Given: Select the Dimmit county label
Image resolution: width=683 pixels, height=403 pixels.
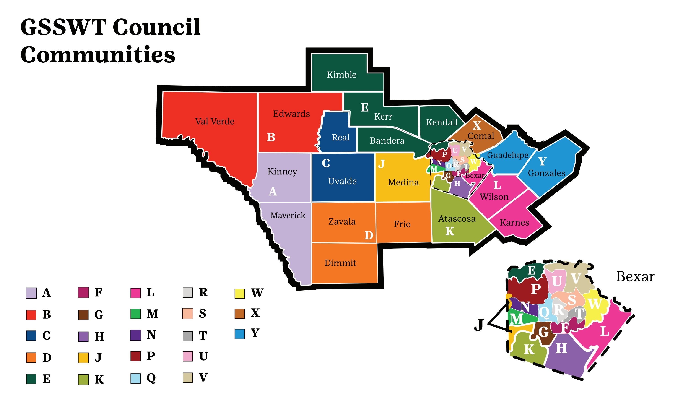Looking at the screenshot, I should tap(340, 263).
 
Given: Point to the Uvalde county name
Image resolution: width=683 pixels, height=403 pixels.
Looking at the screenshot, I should tap(342, 181).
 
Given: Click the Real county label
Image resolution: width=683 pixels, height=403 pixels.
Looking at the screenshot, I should tap(340, 137).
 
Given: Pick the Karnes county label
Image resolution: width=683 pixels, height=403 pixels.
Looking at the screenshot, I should tap(514, 222).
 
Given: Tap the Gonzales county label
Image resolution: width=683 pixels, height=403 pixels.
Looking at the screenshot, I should tap(546, 173).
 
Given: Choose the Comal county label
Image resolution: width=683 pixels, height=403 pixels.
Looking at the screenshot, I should tap(481, 136).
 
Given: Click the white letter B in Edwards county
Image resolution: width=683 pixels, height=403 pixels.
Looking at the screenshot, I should tap(271, 137).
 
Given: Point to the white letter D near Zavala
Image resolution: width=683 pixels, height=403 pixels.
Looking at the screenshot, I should tap(368, 235).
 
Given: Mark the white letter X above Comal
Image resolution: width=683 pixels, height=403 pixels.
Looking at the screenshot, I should tap(477, 125).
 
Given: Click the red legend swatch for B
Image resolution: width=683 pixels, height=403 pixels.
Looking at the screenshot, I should tap(31, 315).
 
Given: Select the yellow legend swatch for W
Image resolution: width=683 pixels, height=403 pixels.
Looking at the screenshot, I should tap(239, 293).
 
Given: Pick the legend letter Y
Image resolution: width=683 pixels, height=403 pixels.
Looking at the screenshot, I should tap(255, 333).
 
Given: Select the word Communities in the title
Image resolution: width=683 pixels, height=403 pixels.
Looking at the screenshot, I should tap(98, 54).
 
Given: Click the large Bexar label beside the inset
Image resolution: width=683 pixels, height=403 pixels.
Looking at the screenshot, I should tap(635, 277).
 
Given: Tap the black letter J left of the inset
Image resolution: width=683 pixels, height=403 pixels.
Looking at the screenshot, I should tap(479, 325).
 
